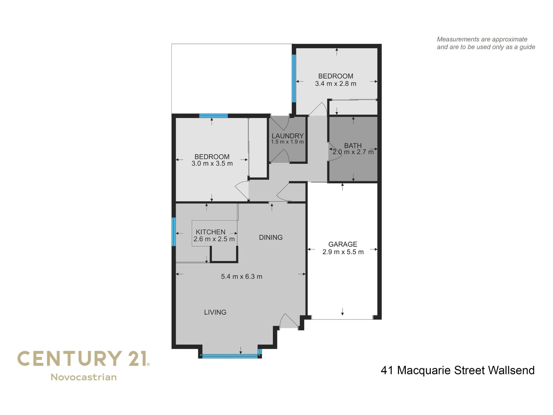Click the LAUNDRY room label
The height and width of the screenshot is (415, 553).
(288, 136)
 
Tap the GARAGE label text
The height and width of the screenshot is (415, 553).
(343, 244)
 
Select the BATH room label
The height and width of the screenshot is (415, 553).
(353, 145)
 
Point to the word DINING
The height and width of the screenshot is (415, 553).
(271, 237)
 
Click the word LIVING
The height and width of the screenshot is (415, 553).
(215, 312)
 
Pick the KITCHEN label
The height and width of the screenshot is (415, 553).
(210, 232)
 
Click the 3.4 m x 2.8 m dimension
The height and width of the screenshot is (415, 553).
(336, 84)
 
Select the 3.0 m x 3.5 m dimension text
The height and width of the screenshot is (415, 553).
(212, 164)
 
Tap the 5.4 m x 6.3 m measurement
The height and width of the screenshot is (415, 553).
(241, 276)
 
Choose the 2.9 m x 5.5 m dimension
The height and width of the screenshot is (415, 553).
(343, 252)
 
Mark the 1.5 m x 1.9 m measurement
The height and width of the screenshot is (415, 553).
(288, 142)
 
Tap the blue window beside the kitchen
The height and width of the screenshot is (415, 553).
(174, 232)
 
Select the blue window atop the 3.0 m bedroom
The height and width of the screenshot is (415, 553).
(214, 116)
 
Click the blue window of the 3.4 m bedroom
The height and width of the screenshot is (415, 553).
(294, 78)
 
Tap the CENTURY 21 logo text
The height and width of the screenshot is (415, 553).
(83, 359)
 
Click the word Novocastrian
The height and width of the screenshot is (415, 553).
(84, 377)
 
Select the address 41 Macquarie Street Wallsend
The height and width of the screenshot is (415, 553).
(458, 370)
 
